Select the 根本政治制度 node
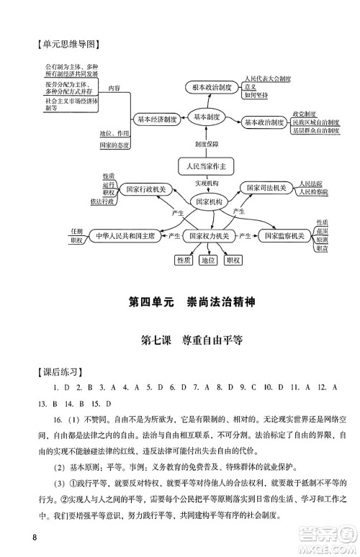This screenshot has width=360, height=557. click(x=207, y=88)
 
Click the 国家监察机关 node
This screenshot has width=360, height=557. click(x=282, y=235)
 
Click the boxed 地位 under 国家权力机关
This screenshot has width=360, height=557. click(x=207, y=260)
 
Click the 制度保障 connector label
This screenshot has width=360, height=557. click(x=207, y=144)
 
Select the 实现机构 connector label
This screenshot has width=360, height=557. click(x=207, y=184)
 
